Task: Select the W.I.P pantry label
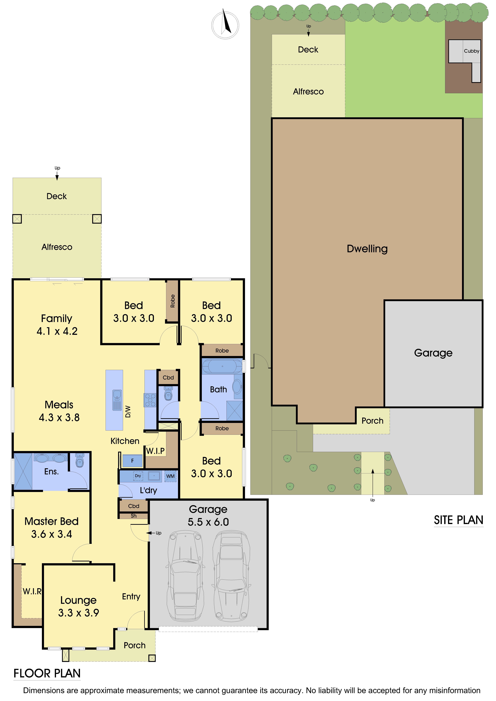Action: [x=155, y=451]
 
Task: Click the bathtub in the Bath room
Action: [x=222, y=366]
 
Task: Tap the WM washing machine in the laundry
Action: [x=170, y=476]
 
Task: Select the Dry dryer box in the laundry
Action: [x=138, y=476]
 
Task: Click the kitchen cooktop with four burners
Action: [x=150, y=400]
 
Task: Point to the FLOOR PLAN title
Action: [x=47, y=673]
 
